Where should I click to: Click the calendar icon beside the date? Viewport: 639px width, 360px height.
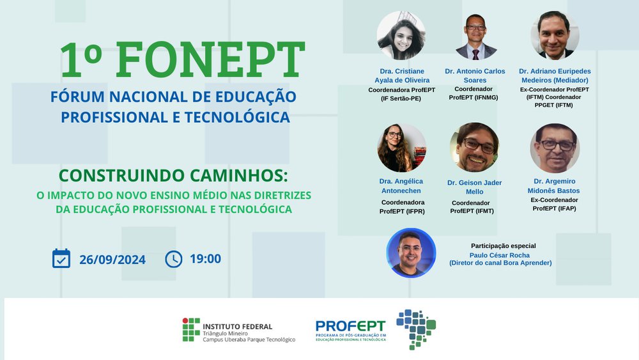[x=61, y=258]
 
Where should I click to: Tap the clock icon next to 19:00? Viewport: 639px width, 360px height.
[x=174, y=259]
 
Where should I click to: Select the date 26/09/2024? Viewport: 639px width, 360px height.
[x=112, y=260]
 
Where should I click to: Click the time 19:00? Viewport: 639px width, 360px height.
[x=205, y=258]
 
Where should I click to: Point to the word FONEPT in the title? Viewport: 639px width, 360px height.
[x=210, y=59]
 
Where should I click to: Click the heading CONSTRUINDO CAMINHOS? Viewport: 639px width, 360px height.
[x=173, y=176]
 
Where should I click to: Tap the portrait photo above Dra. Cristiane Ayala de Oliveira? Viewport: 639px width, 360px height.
[x=401, y=35]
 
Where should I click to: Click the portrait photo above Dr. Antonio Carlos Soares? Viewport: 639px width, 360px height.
[x=475, y=36]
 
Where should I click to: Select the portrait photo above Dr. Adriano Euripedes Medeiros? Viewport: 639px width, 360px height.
[x=555, y=35]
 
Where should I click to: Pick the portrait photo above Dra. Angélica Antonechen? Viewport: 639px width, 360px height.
[x=402, y=148]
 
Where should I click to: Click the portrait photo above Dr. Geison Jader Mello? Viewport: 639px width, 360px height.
[x=474, y=148]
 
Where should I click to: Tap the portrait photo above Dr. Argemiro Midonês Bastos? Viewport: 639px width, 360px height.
[x=555, y=148]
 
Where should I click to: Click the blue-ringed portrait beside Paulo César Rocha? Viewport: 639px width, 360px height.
[x=411, y=253]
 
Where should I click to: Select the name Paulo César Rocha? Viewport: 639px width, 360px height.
[x=500, y=255]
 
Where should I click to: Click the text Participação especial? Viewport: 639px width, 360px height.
[x=504, y=246]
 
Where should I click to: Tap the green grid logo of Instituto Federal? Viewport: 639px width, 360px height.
[x=191, y=329]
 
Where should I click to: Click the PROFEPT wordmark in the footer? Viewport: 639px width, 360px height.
[x=350, y=326]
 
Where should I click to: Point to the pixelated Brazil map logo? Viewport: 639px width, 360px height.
[x=416, y=329]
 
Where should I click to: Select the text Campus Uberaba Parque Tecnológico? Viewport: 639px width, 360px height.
[x=249, y=340]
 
